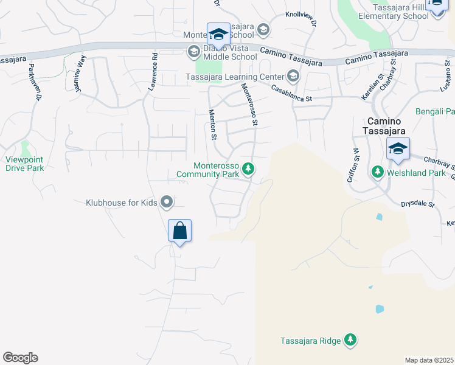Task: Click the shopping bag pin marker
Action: (179, 231)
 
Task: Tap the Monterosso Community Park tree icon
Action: (248, 169)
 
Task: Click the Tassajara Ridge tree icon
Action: (350, 340)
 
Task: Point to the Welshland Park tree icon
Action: (377, 173)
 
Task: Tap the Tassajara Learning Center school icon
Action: (293, 77)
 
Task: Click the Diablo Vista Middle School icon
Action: (193, 51)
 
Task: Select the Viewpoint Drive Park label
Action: (25, 164)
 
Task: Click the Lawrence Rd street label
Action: (155, 72)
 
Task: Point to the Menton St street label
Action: (214, 123)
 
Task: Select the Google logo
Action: (20, 358)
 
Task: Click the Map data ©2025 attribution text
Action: (429, 360)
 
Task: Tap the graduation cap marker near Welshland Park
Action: (398, 149)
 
